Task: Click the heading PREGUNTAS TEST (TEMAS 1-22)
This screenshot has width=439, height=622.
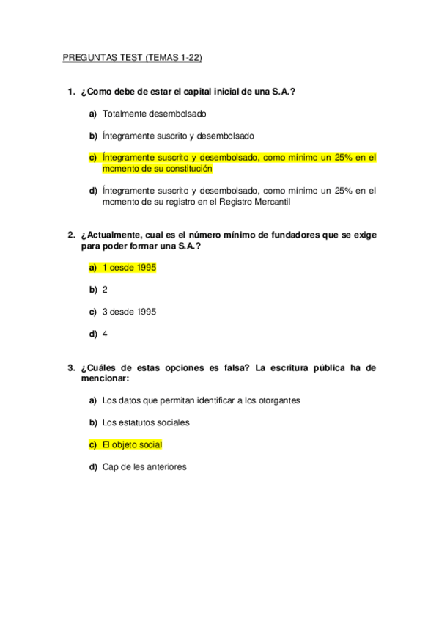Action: click(x=138, y=56)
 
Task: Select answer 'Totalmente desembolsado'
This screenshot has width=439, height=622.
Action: click(x=155, y=114)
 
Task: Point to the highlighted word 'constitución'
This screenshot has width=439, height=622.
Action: click(x=186, y=168)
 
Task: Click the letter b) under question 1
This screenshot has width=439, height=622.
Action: click(x=93, y=136)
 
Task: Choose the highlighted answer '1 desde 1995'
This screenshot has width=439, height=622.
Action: click(x=129, y=268)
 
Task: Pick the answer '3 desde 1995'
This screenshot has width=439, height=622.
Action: click(x=129, y=311)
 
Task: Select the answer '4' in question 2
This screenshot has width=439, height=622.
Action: click(x=106, y=333)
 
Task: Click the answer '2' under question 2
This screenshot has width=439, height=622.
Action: click(x=106, y=290)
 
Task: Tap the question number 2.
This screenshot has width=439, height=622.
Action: click(x=70, y=235)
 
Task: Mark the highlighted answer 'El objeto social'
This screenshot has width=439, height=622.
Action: click(x=133, y=444)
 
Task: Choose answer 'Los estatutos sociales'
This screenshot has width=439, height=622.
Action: click(x=146, y=422)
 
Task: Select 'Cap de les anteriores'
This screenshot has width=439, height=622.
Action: click(x=144, y=466)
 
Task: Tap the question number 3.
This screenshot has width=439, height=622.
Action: click(x=70, y=367)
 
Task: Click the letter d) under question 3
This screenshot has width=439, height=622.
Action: click(x=93, y=466)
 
